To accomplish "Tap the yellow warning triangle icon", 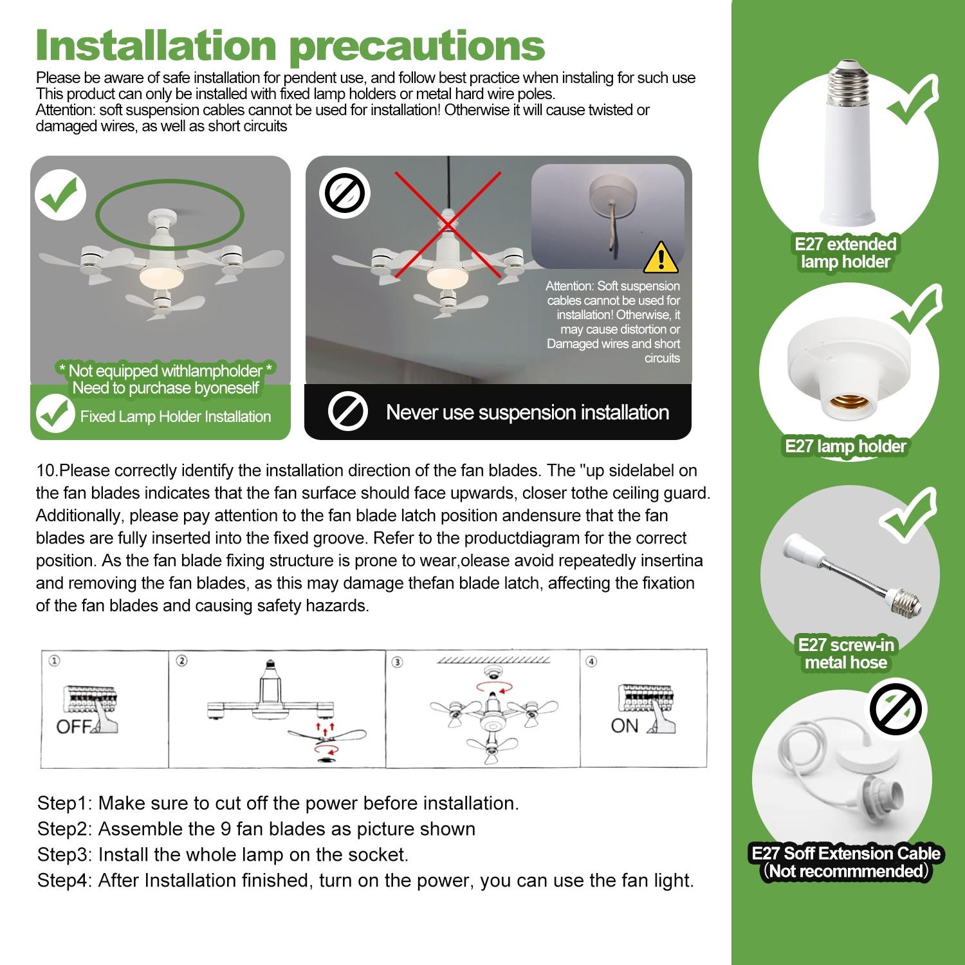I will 660,258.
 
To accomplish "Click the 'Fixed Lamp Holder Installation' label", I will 175,416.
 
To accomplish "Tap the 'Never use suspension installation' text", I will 527,412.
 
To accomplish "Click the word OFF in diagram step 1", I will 75,726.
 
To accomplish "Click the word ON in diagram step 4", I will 624,726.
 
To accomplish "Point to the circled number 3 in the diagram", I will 397,662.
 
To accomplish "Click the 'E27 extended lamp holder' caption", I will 845,253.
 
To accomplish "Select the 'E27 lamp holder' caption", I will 845,446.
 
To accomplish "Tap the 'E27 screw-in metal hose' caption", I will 845,654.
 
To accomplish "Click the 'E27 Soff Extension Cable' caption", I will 845,854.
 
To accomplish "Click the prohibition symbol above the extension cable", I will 895,710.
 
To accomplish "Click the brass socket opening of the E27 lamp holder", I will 845,403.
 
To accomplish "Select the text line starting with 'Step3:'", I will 223,854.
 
